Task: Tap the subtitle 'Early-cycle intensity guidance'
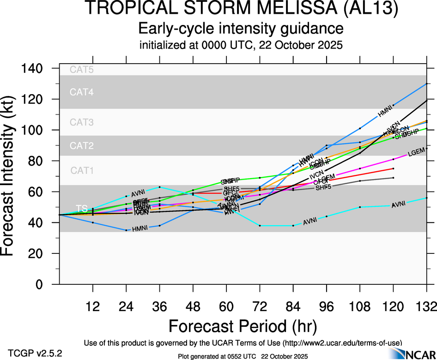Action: (241, 29)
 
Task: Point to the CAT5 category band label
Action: (81, 70)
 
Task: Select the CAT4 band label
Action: (81, 92)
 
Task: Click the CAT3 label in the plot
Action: (81, 122)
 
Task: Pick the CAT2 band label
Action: (81, 146)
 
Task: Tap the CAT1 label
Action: (81, 170)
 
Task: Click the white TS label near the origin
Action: (82, 209)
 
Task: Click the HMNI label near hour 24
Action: (140, 229)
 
